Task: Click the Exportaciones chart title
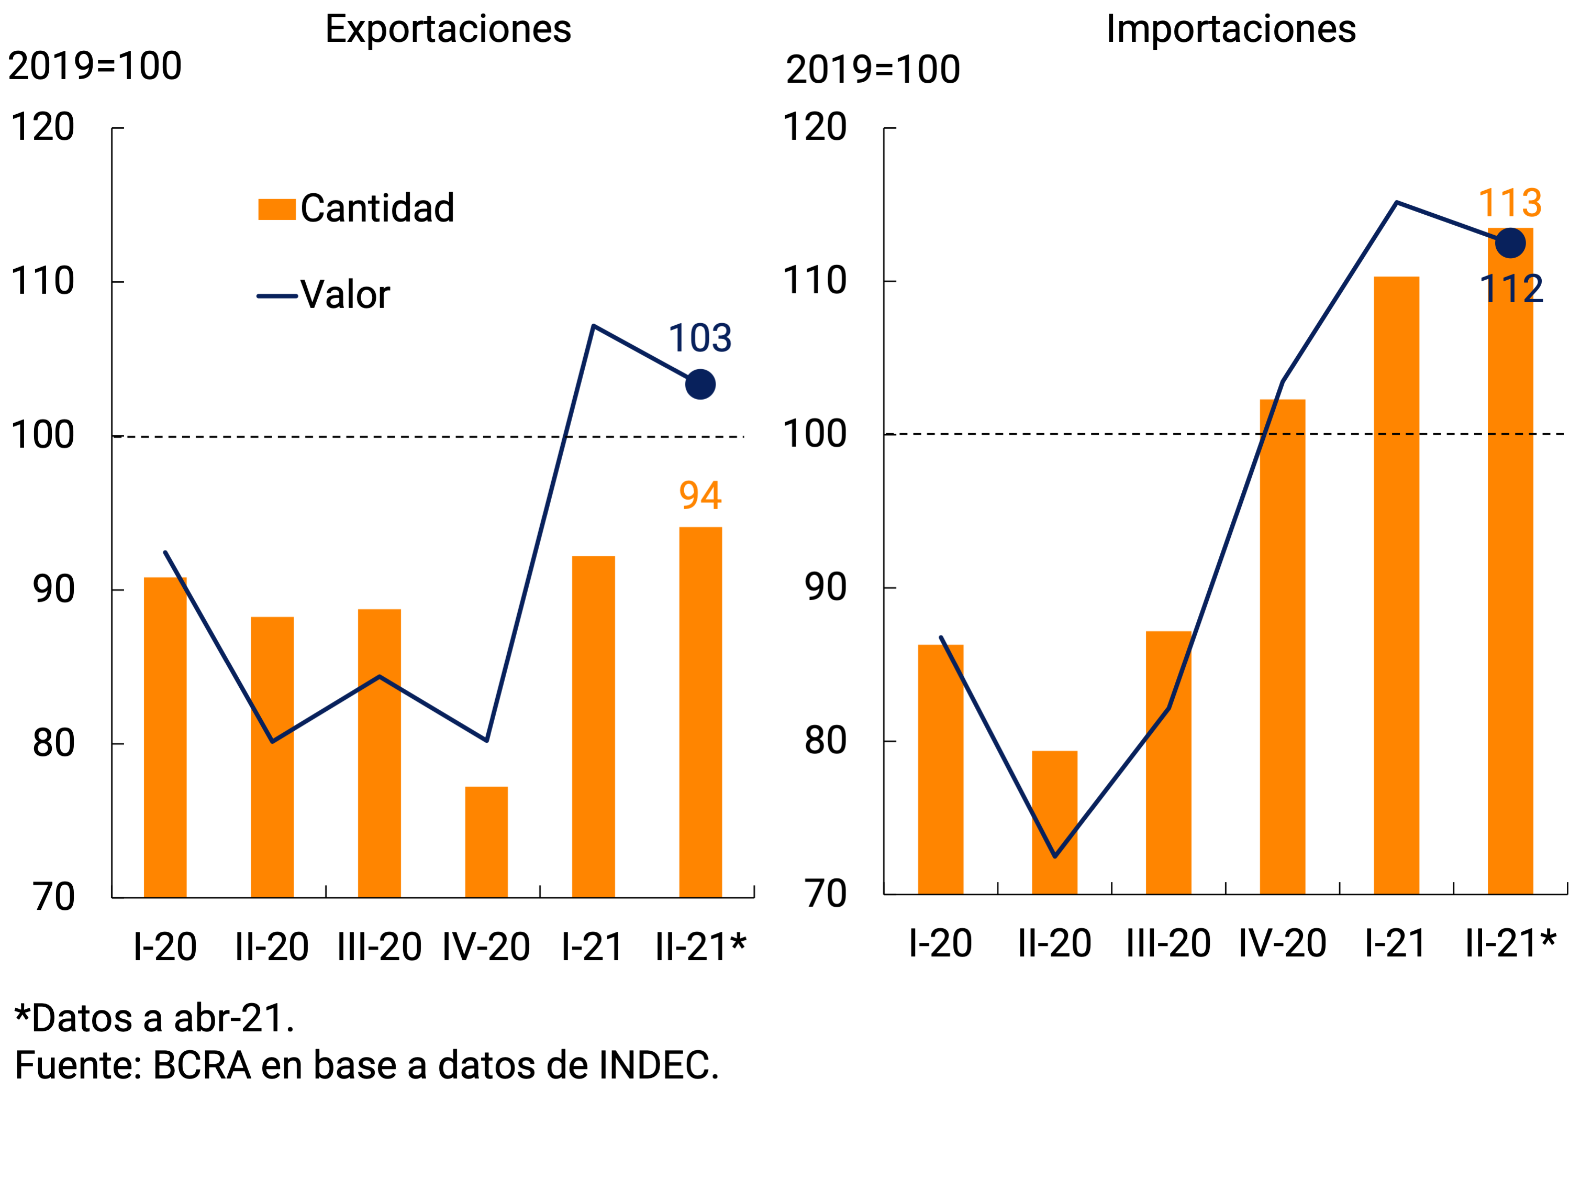click(448, 30)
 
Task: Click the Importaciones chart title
click(1231, 30)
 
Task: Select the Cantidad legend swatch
click(277, 210)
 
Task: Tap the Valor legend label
click(345, 295)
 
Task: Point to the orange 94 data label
click(700, 496)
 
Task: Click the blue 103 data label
click(700, 339)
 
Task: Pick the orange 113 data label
click(1510, 204)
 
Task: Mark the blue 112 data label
click(1511, 290)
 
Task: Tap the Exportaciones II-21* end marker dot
click(700, 385)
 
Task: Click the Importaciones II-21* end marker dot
click(1510, 244)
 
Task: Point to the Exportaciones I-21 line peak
click(593, 327)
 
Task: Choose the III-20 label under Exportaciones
click(379, 947)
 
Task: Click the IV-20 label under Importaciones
click(1282, 944)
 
